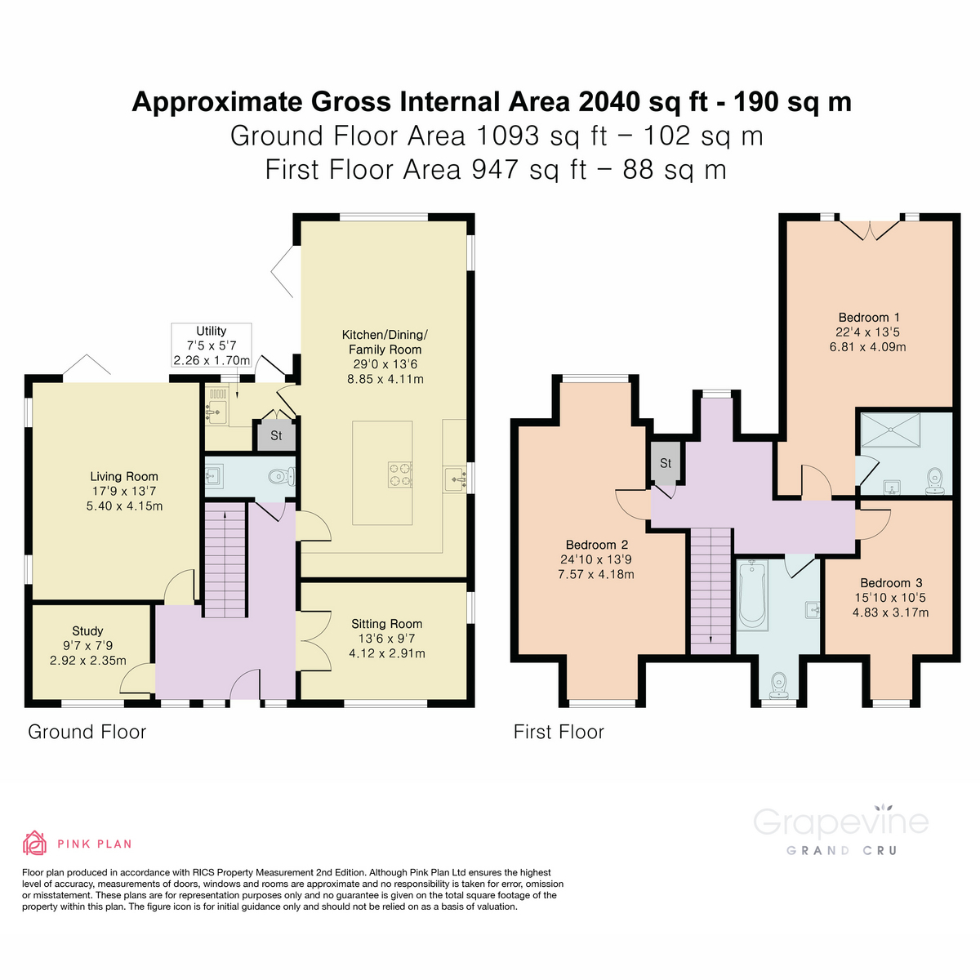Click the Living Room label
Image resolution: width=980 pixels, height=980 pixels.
click(124, 476)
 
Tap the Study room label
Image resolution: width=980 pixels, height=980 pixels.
click(87, 630)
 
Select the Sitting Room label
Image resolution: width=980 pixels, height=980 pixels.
click(386, 624)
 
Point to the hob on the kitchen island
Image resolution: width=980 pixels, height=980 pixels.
click(400, 474)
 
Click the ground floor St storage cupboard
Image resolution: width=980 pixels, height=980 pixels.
click(276, 436)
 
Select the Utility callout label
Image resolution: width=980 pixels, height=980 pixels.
click(211, 332)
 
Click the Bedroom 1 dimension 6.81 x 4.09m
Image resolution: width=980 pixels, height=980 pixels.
click(867, 346)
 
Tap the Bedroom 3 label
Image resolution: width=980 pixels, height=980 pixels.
click(890, 583)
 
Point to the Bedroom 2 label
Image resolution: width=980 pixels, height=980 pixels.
click(596, 545)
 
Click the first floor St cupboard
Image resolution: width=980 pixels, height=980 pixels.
click(665, 463)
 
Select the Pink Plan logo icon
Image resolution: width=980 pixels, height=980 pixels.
click(34, 843)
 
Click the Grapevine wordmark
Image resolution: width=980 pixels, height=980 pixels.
click(840, 821)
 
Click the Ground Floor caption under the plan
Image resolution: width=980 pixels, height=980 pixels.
click(87, 732)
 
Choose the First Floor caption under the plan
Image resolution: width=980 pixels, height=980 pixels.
click(559, 732)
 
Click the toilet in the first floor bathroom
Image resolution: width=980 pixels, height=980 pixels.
click(778, 683)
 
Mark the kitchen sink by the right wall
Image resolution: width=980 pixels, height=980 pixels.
click(453, 479)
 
